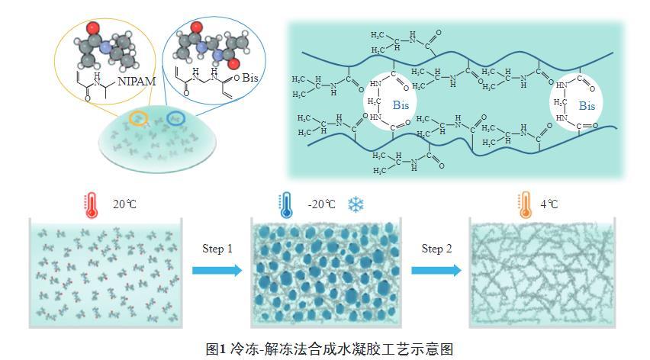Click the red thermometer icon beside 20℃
[x=90, y=204]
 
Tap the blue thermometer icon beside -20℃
[x=285, y=204]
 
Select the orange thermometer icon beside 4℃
[x=525, y=204]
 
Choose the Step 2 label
[x=438, y=249]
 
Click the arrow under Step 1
[x=217, y=270]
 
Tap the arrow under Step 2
[x=436, y=270]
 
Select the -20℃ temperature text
[x=321, y=204]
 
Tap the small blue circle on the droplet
[x=175, y=119]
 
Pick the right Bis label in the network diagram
[x=587, y=105]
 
